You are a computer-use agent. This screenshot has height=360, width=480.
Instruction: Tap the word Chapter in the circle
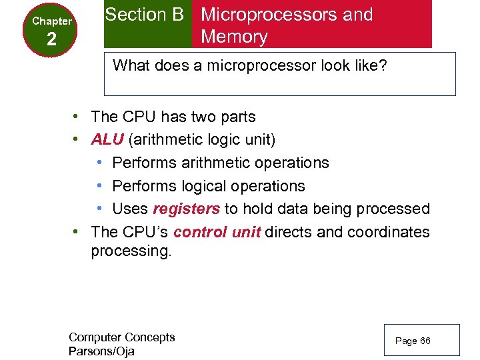coord(51,21)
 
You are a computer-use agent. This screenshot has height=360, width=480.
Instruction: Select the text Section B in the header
coord(144,15)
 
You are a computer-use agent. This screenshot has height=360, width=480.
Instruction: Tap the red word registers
coord(186,209)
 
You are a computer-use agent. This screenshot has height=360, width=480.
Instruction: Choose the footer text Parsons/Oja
coord(101,351)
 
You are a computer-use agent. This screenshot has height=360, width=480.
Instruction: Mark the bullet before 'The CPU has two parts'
coord(77,117)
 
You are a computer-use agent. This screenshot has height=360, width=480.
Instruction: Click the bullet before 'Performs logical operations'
coord(99,186)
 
